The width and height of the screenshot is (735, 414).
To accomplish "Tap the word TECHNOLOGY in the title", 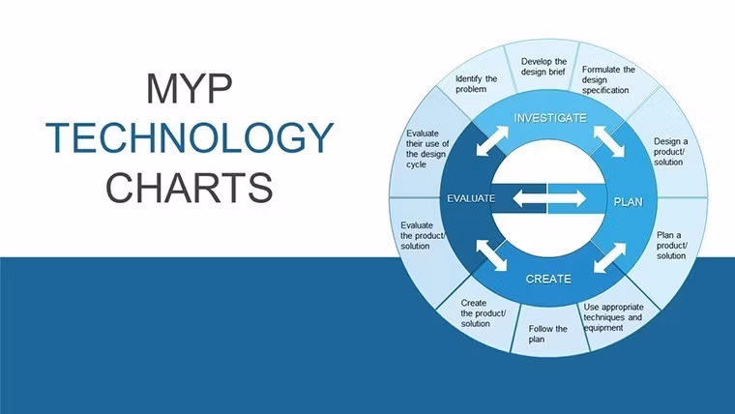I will click(190, 139).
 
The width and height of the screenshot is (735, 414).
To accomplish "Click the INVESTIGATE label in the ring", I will click(549, 118).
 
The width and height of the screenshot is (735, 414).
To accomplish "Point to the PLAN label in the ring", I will click(629, 201).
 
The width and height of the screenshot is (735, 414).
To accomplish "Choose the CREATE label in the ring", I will click(548, 279).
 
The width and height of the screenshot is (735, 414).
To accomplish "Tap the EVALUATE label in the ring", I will click(471, 198).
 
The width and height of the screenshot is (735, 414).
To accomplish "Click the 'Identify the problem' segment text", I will click(477, 84).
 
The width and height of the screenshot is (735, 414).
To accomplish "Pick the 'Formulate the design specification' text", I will click(608, 79).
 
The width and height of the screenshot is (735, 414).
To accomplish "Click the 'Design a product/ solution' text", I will click(670, 151).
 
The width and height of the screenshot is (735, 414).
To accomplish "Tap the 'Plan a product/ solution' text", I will click(671, 245).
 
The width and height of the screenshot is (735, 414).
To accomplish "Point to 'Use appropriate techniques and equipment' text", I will click(613, 317).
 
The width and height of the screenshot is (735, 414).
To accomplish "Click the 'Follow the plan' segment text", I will click(548, 335).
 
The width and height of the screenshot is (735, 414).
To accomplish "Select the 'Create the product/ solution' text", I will click(483, 312).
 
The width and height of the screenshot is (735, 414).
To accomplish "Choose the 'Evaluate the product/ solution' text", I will click(422, 235).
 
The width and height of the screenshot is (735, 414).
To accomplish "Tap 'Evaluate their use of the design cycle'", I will click(425, 148).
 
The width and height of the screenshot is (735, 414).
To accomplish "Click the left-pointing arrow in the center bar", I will click(528, 198).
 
